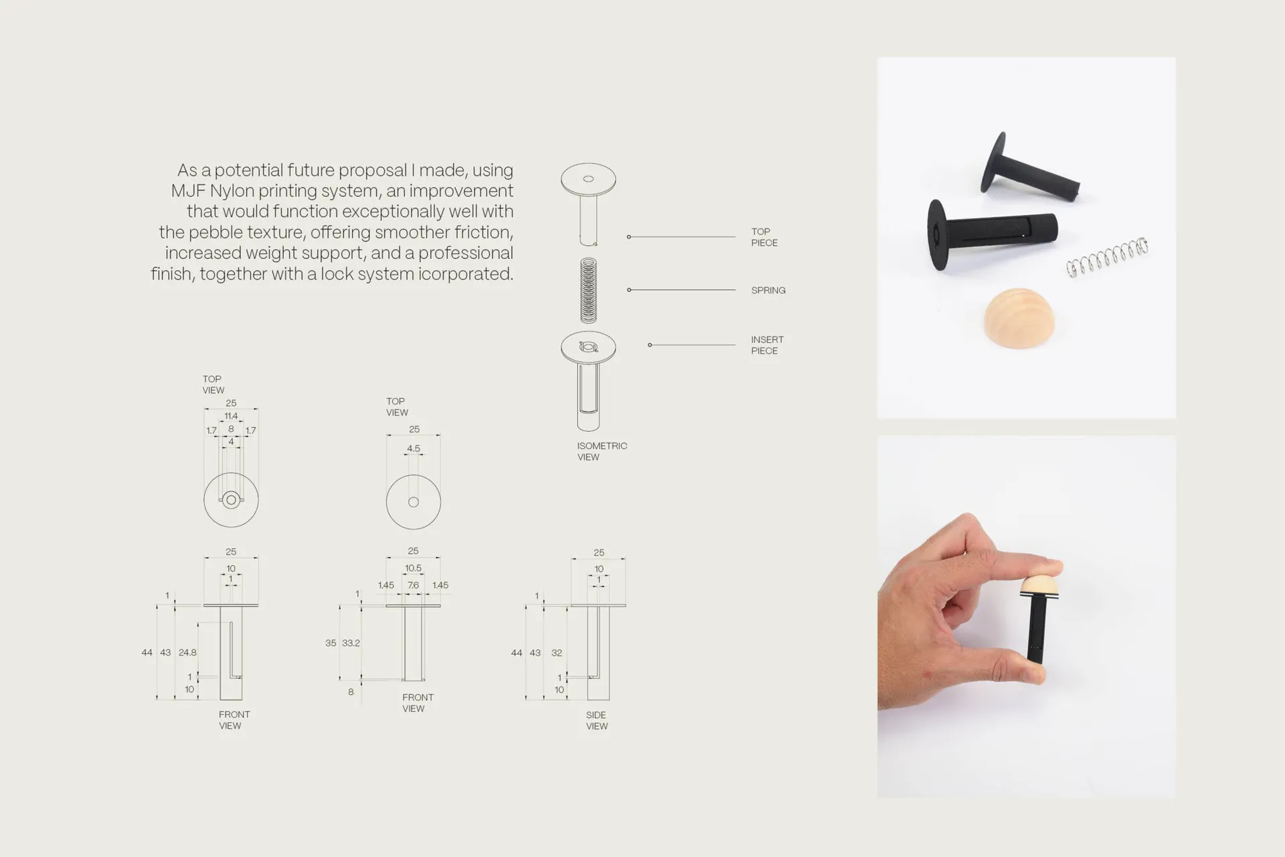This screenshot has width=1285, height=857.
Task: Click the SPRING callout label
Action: [768, 291]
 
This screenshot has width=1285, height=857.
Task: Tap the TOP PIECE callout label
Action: [764, 237]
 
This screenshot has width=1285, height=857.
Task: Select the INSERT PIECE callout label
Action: [767, 345]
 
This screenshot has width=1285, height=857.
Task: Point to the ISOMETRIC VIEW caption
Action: [602, 451]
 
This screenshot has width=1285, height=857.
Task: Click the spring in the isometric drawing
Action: [588, 290]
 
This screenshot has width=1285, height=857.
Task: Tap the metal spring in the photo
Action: [1107, 256]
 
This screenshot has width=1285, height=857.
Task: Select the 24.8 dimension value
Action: [187, 652]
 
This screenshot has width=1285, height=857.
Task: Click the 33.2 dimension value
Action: [351, 643]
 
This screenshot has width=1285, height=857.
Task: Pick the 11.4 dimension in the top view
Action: [231, 416]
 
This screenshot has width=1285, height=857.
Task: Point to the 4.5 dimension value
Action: [414, 449]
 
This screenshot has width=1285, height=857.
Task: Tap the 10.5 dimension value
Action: [413, 568]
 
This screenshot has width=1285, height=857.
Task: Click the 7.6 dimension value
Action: [413, 585]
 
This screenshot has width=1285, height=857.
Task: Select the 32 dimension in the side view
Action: [557, 653]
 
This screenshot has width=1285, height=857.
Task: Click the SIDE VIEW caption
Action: [596, 720]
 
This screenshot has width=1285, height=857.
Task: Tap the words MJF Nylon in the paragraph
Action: [213, 191]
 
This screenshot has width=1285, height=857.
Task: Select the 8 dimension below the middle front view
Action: [351, 692]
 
